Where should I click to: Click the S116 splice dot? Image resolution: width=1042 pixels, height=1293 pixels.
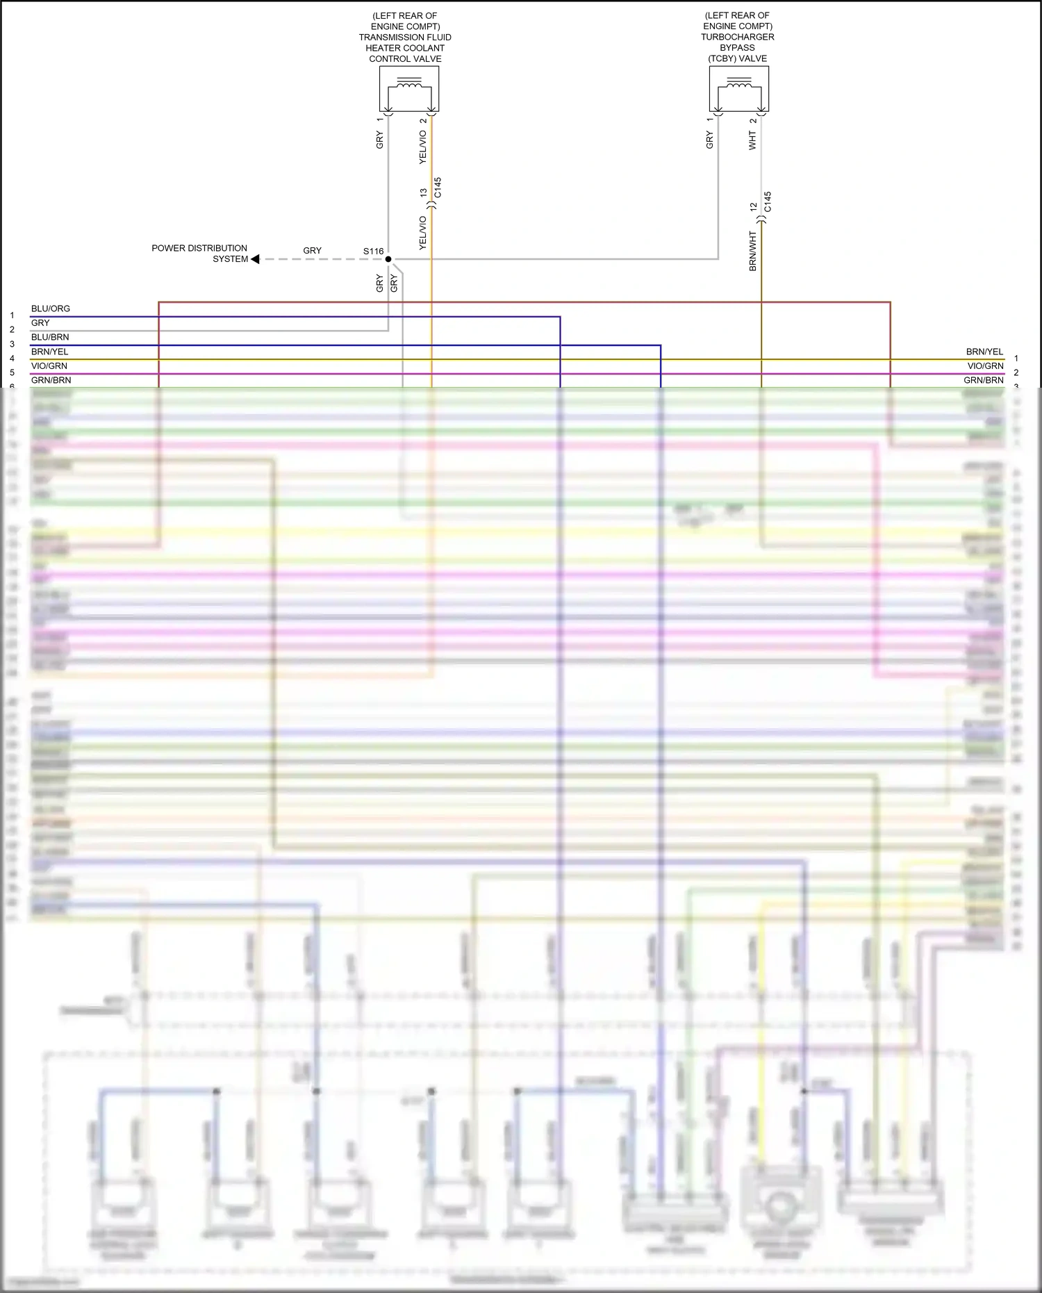point(388,259)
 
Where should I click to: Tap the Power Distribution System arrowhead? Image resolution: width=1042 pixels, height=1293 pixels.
point(255,259)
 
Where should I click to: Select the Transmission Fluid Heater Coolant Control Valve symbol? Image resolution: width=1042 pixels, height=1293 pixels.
point(409,88)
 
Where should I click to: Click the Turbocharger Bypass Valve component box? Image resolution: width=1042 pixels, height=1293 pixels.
point(738,88)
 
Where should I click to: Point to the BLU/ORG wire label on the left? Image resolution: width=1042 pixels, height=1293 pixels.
point(51,308)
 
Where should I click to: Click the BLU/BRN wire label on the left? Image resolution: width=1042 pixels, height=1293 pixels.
point(50,337)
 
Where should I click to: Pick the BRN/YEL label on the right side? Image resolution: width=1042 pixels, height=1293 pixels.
point(984,352)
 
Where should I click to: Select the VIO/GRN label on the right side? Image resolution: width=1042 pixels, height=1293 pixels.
point(985,366)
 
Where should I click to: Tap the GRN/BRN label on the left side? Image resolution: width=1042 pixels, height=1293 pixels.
point(51,380)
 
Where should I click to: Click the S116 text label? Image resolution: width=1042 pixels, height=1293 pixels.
point(373,252)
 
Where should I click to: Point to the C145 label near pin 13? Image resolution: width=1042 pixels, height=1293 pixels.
point(438,188)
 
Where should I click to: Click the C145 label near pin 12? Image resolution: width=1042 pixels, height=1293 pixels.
point(768,202)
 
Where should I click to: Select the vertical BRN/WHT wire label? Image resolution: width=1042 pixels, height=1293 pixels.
point(753,251)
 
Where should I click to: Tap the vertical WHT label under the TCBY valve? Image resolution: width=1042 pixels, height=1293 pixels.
point(752,140)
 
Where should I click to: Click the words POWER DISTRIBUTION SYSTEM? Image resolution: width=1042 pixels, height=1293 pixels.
point(199,254)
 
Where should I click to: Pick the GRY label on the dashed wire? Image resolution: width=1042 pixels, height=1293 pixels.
point(313,250)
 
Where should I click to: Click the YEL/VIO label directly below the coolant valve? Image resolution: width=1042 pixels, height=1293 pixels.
point(423,147)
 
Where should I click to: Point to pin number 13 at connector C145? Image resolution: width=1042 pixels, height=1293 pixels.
point(424,192)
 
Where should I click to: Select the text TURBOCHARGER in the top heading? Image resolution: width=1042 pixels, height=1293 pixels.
point(737,37)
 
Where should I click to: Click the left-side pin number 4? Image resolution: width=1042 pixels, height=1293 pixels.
point(12,359)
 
